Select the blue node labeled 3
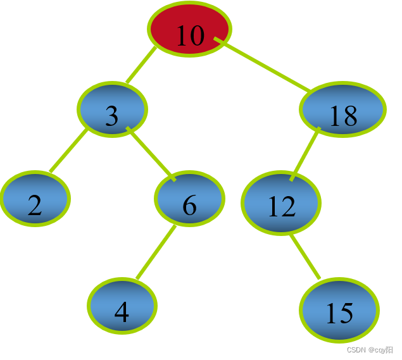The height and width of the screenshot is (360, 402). pyautogui.click(x=112, y=109)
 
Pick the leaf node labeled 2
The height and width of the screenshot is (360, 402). pyautogui.click(x=35, y=198)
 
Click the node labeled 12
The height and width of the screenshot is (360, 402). pyautogui.click(x=281, y=203)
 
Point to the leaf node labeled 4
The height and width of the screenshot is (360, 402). pyautogui.click(x=122, y=306)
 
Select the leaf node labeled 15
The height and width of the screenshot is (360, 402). pyautogui.click(x=339, y=310)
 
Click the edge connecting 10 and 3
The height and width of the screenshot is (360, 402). pyautogui.click(x=141, y=65)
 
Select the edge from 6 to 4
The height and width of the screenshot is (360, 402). pyautogui.click(x=155, y=252)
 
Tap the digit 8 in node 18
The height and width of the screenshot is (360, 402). pyautogui.click(x=349, y=116)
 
